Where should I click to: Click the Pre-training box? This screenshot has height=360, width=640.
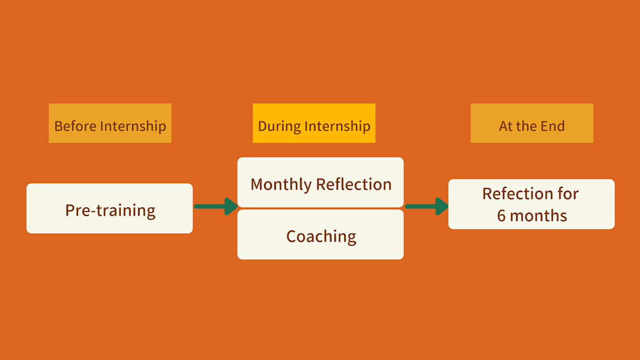click(109, 208)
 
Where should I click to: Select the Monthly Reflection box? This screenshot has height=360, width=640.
click(320, 182)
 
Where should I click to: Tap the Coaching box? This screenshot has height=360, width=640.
click(320, 235)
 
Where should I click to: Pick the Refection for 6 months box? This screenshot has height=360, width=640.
click(531, 204)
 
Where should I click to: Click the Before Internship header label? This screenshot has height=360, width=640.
click(110, 123)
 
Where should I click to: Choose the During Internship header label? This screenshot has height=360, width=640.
click(314, 123)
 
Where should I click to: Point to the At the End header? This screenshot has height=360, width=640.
click(532, 123)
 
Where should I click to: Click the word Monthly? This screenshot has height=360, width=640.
click(281, 184)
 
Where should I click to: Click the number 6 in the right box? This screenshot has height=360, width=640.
click(502, 215)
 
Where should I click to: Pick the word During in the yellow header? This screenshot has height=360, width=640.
click(279, 126)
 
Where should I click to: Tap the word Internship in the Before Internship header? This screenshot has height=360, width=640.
click(133, 126)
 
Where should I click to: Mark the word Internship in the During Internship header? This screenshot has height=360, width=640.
click(338, 126)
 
